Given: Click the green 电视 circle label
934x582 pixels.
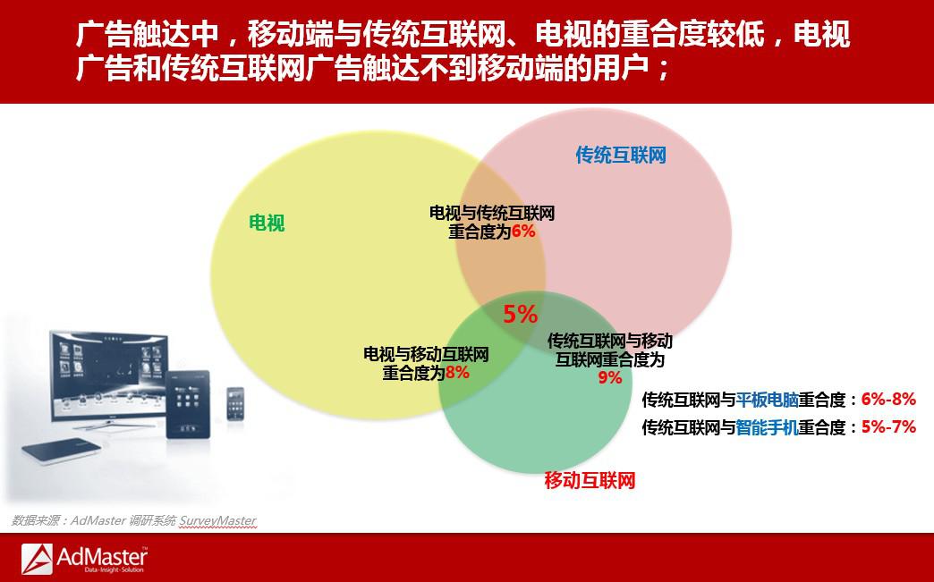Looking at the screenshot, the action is coord(267,224).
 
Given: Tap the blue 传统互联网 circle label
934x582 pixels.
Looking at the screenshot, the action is coord(620,155).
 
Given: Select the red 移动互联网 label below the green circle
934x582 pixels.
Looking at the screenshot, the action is coord(590,480).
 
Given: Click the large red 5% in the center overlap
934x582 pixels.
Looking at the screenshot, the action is coord(520,314).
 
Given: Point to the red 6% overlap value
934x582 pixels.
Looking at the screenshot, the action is coord(523,231).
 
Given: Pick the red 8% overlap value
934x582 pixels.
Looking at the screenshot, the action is coord(457,373).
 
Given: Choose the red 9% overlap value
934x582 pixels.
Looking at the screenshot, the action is coord(610,377).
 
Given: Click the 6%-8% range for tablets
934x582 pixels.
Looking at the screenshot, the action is coord(888,400).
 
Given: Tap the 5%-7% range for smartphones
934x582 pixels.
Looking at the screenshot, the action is coord(888,426).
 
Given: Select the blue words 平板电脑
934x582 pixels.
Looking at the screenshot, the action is coord(767,400).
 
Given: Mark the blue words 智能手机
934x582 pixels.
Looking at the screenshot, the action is coord(767,427).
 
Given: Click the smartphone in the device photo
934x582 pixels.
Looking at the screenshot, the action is coord(235,403).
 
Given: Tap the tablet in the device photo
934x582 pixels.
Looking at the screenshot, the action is coord(188,404).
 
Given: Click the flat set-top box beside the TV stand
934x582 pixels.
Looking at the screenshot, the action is coord(62,451).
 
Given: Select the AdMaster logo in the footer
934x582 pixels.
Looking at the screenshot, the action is coord(84,559).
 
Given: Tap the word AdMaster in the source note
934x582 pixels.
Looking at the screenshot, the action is coord(98,520).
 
